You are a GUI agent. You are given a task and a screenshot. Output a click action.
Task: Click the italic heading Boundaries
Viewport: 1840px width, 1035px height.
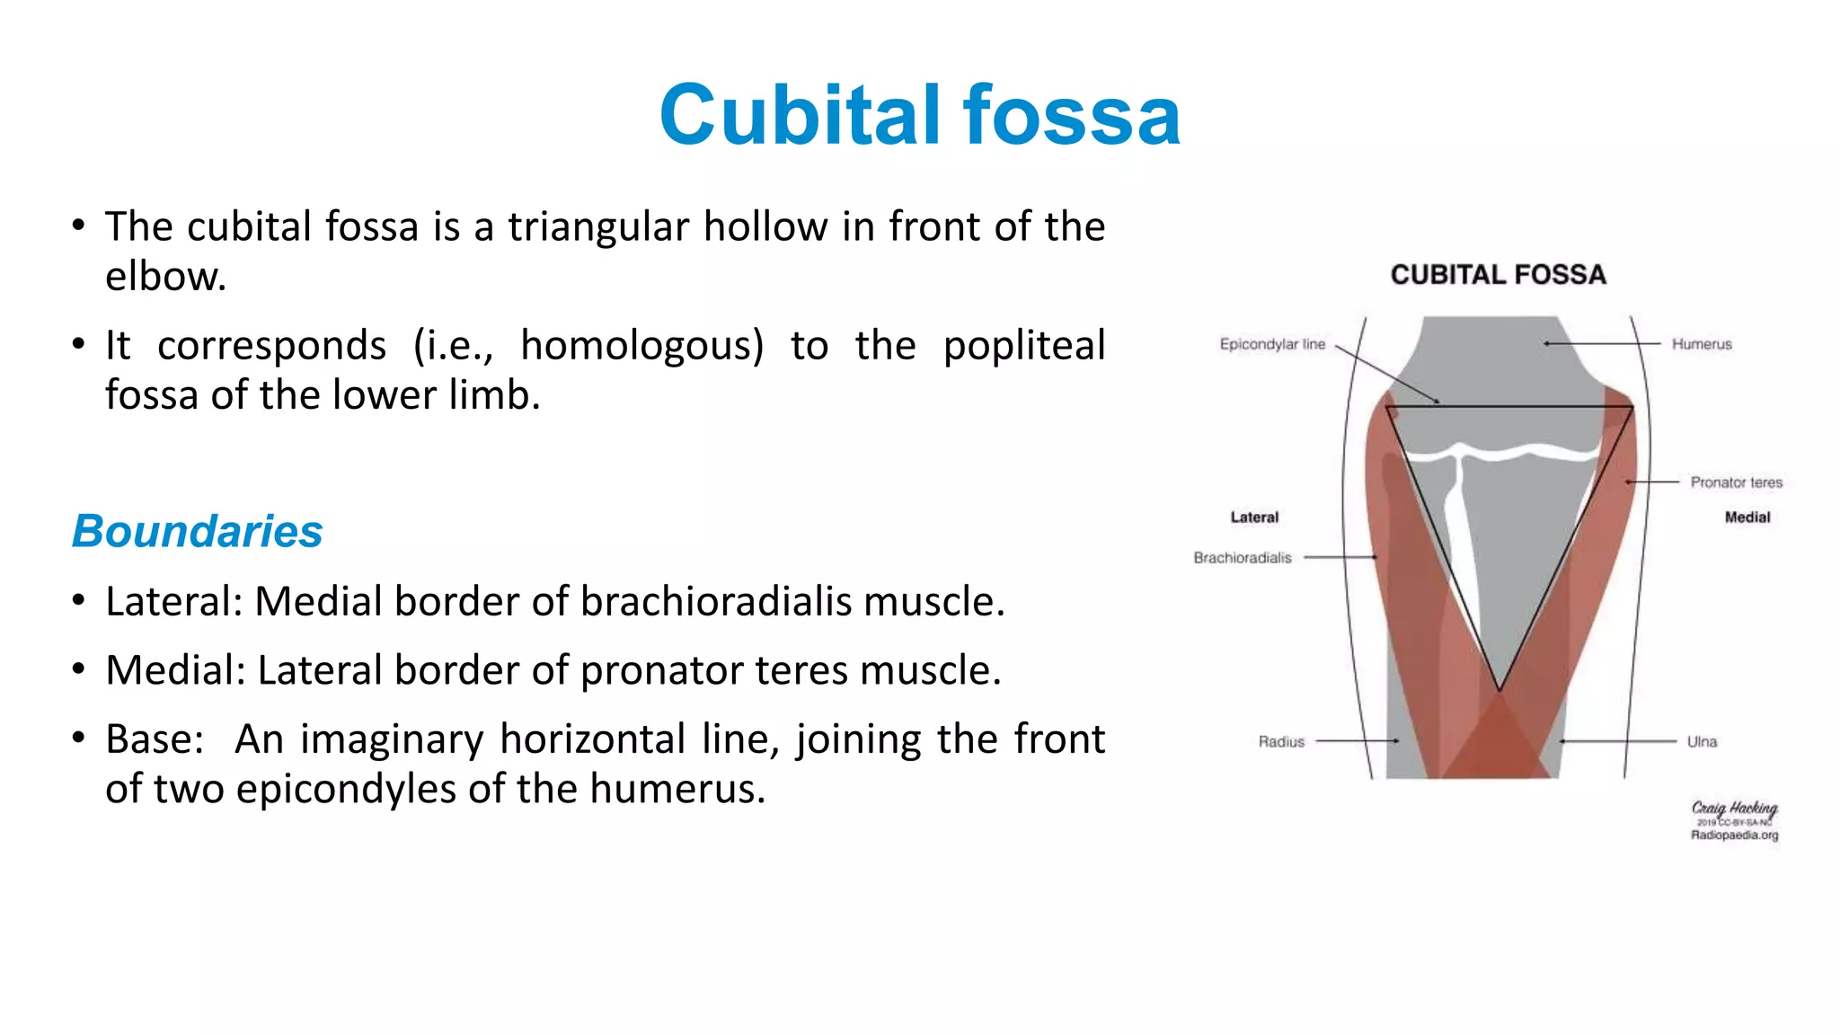197,531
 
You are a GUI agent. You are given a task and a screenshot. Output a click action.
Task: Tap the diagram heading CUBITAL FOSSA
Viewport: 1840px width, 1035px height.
1498,275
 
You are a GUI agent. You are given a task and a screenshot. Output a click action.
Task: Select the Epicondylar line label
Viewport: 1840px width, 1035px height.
1272,344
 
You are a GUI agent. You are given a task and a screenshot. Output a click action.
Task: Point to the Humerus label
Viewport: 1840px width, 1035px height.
1702,344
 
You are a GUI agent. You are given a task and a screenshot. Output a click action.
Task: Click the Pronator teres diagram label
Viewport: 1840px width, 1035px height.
1736,482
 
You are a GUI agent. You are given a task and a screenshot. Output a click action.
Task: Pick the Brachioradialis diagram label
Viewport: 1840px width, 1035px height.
1243,558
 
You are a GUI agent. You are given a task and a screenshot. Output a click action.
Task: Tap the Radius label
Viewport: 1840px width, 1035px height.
1281,741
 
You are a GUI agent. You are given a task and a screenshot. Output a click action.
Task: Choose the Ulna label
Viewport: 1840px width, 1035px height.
1702,741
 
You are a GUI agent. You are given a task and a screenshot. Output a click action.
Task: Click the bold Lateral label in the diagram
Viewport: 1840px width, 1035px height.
1254,517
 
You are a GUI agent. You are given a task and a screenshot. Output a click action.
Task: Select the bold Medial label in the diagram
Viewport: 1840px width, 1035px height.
1747,517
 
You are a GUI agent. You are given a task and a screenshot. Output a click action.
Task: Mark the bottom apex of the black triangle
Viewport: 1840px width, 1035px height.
1499,690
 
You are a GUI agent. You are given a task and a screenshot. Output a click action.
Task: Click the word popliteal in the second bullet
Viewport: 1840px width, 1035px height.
1023,346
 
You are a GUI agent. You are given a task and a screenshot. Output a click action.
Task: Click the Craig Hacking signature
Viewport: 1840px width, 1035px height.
1734,809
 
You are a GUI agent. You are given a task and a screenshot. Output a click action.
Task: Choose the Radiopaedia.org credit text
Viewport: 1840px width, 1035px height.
1734,836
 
